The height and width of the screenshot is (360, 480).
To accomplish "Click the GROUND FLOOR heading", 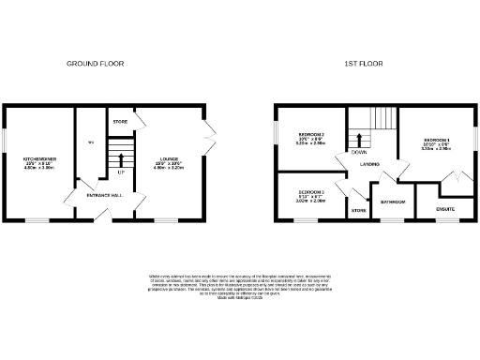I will click(x=95, y=64).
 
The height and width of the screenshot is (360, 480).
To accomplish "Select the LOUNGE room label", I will click(x=170, y=158).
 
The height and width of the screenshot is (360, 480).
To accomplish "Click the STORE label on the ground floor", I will click(x=120, y=122).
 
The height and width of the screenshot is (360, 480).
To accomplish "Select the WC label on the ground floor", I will click(x=91, y=142).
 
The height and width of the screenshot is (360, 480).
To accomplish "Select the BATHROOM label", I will click(x=392, y=202).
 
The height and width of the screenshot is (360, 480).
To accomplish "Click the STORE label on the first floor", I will click(x=357, y=211).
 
